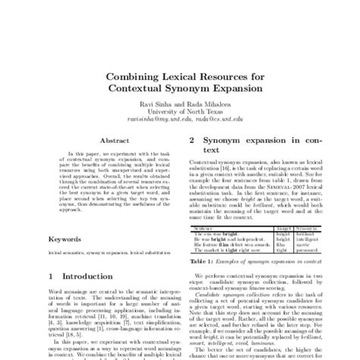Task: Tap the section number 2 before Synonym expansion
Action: click(x=191, y=141)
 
